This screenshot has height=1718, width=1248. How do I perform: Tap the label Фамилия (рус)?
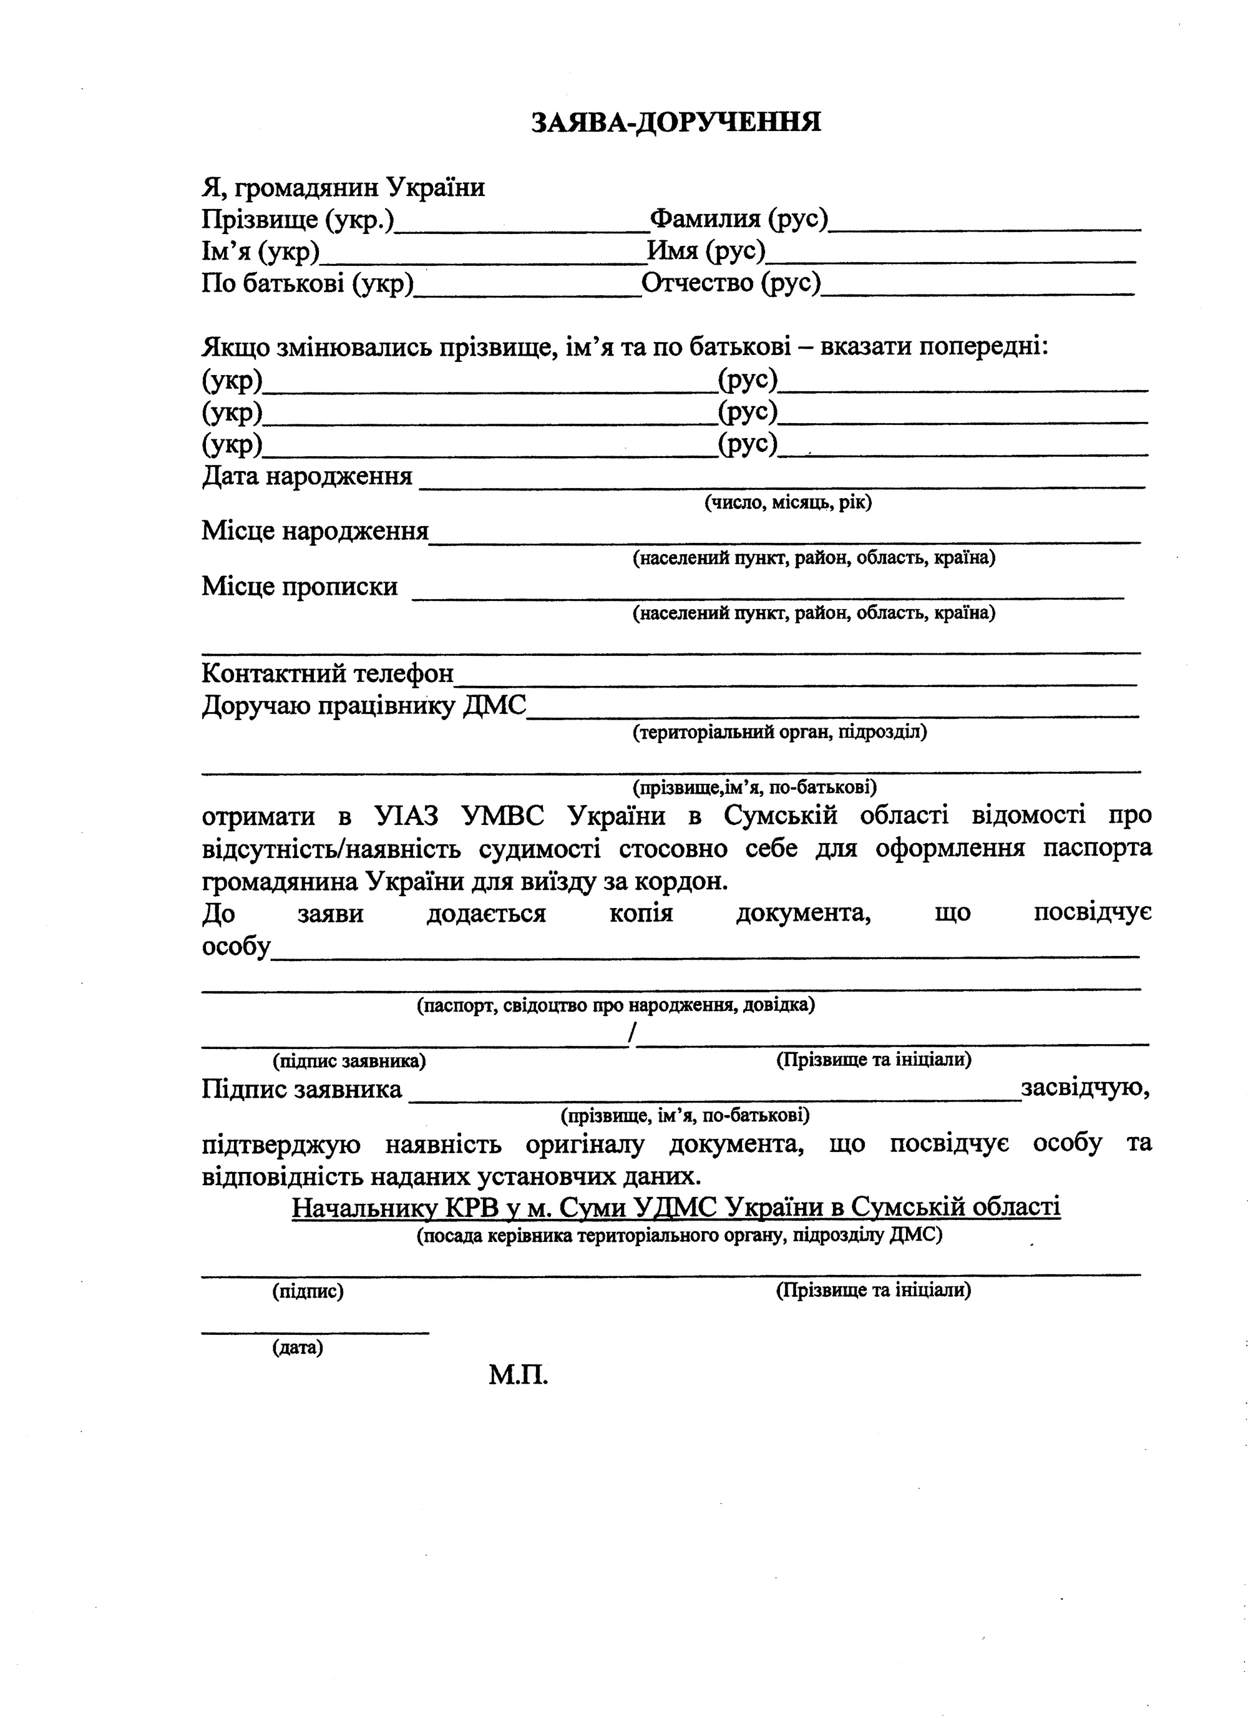pos(739,219)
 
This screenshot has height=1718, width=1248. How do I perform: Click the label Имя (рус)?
pos(706,251)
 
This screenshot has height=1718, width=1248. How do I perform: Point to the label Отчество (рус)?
pos(731,283)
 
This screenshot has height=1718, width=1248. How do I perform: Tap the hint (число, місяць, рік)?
pos(787,503)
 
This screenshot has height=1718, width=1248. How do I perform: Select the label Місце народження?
pos(315,531)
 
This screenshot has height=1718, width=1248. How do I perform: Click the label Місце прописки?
pos(299,587)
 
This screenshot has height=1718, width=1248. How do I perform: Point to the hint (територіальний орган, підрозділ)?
pos(779,733)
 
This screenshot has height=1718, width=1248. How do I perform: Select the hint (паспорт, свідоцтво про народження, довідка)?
pos(616,1005)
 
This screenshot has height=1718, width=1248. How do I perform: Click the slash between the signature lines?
pos(632,1033)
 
